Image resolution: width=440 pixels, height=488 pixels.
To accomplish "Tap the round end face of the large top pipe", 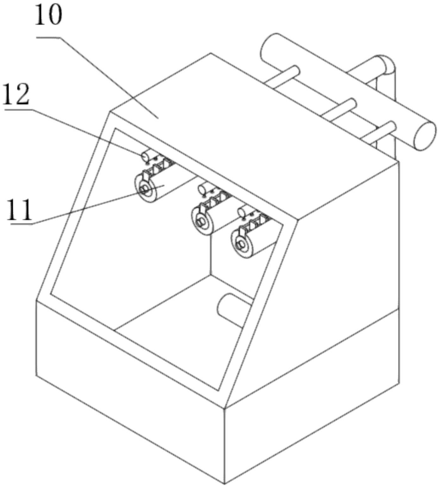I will [x=424, y=136].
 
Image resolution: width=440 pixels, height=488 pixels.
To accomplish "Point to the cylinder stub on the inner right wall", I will [x=233, y=309].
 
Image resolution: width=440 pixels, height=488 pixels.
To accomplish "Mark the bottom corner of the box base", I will [x=224, y=483].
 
